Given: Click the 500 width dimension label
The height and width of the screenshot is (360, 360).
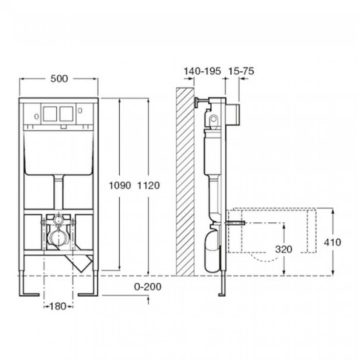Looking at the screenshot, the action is pyautogui.click(x=59, y=79).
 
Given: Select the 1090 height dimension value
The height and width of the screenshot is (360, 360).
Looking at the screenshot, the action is pyautogui.click(x=120, y=185).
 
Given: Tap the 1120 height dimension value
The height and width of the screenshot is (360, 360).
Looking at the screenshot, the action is pyautogui.click(x=148, y=185).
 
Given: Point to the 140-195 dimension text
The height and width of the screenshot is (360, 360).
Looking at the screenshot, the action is pyautogui.click(x=202, y=71).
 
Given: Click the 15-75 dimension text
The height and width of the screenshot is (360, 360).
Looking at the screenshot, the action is pyautogui.click(x=241, y=71).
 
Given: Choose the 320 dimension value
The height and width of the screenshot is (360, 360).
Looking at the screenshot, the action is pyautogui.click(x=284, y=249).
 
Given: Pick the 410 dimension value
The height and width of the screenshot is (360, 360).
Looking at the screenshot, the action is pyautogui.click(x=332, y=242).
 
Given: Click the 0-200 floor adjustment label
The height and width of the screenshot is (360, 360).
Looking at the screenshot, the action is pyautogui.click(x=148, y=287).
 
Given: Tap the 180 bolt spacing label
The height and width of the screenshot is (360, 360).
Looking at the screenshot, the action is pyautogui.click(x=58, y=306).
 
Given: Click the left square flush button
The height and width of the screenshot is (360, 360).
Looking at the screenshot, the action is pyautogui.click(x=50, y=114).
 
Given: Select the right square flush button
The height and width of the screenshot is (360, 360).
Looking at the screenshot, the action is pyautogui.click(x=67, y=114).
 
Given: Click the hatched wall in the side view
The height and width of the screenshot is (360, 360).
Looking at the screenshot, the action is pyautogui.click(x=185, y=181).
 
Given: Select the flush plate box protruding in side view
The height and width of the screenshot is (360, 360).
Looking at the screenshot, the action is pyautogui.click(x=233, y=114).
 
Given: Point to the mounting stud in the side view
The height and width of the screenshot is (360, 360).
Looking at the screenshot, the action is pyautogui.click(x=235, y=223).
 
